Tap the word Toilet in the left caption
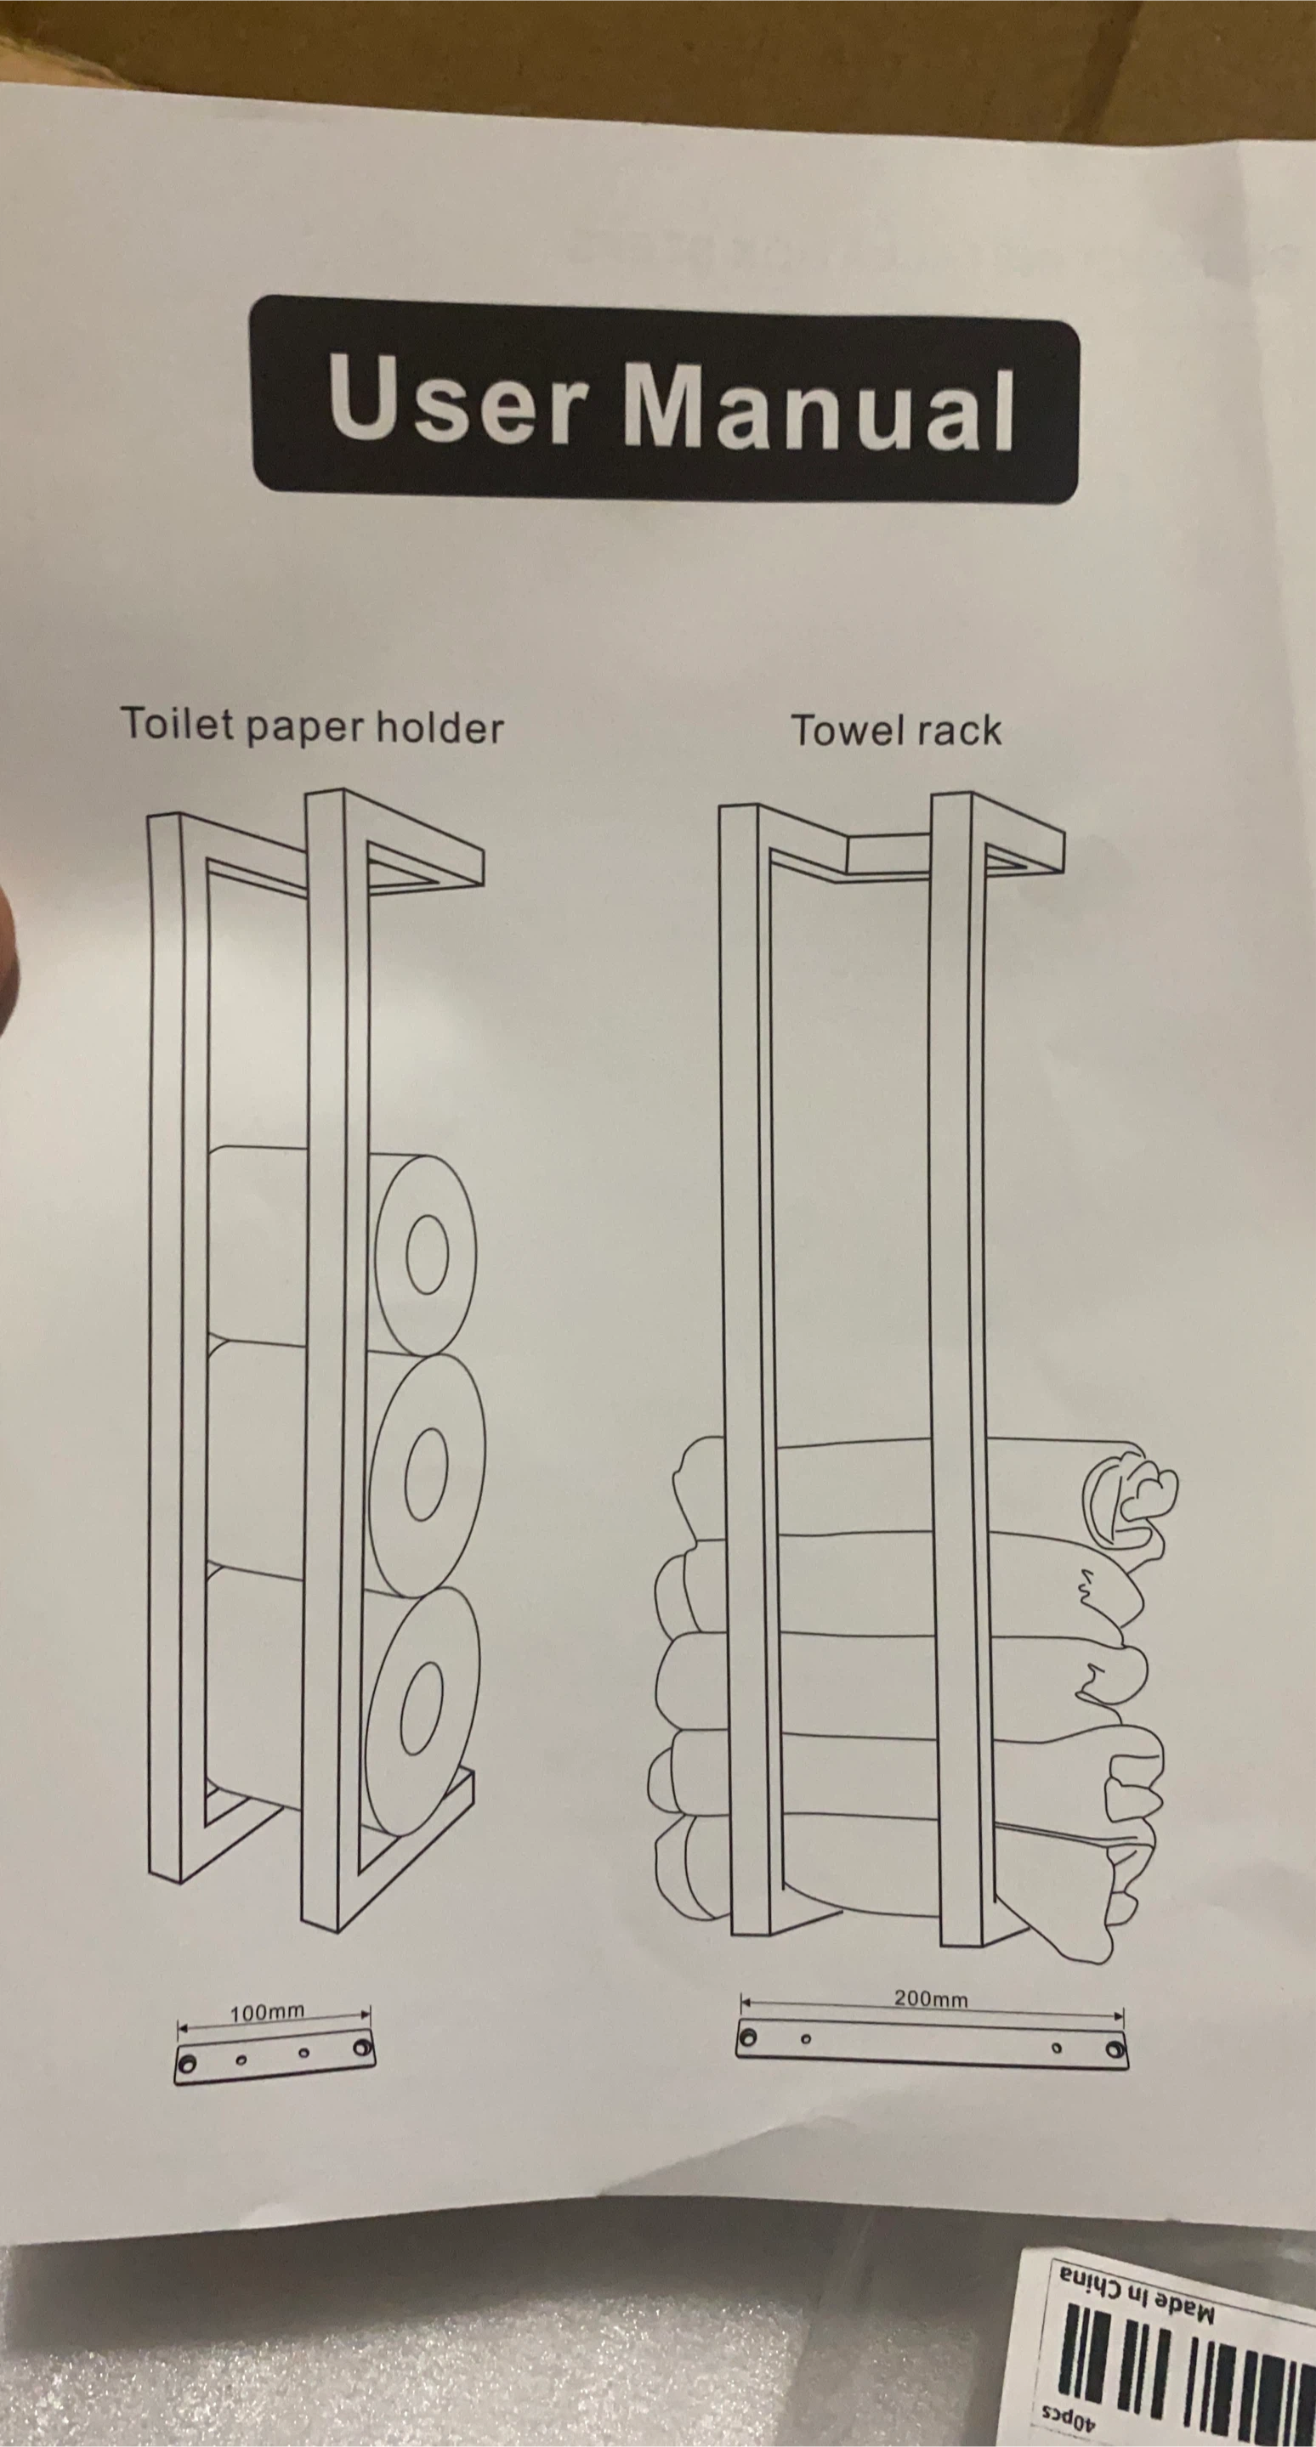point(178,724)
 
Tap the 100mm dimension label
point(267,2011)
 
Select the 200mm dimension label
point(930,1998)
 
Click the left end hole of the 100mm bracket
point(188,2063)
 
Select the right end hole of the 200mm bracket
point(1115,2051)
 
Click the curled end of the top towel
point(1135,1496)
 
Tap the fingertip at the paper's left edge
point(8,959)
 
